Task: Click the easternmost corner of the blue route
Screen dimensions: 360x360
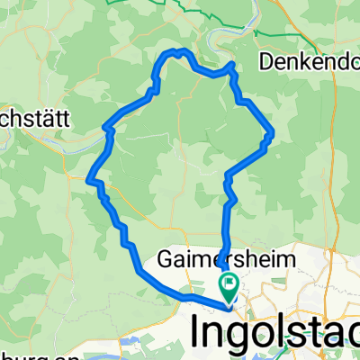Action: tap(272, 135)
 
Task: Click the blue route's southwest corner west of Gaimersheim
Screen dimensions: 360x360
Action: tap(138, 267)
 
